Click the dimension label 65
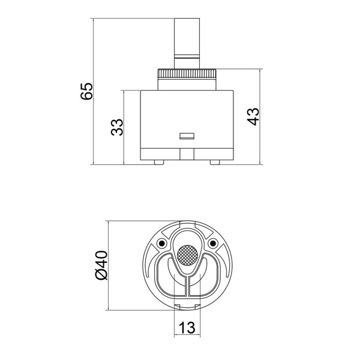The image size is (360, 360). coord(87,91)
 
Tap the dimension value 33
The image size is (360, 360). coord(117,127)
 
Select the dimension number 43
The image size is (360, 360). coord(253,116)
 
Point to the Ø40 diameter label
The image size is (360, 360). coord(101,265)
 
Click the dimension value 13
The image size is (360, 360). coord(187,328)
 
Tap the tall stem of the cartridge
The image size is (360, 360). coord(187,44)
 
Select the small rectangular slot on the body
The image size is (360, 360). coord(187,136)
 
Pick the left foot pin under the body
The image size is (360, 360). coord(159,163)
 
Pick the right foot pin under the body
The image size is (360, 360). coord(215,163)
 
